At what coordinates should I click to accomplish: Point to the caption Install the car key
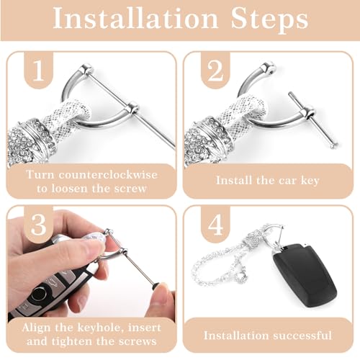coord(267,180)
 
